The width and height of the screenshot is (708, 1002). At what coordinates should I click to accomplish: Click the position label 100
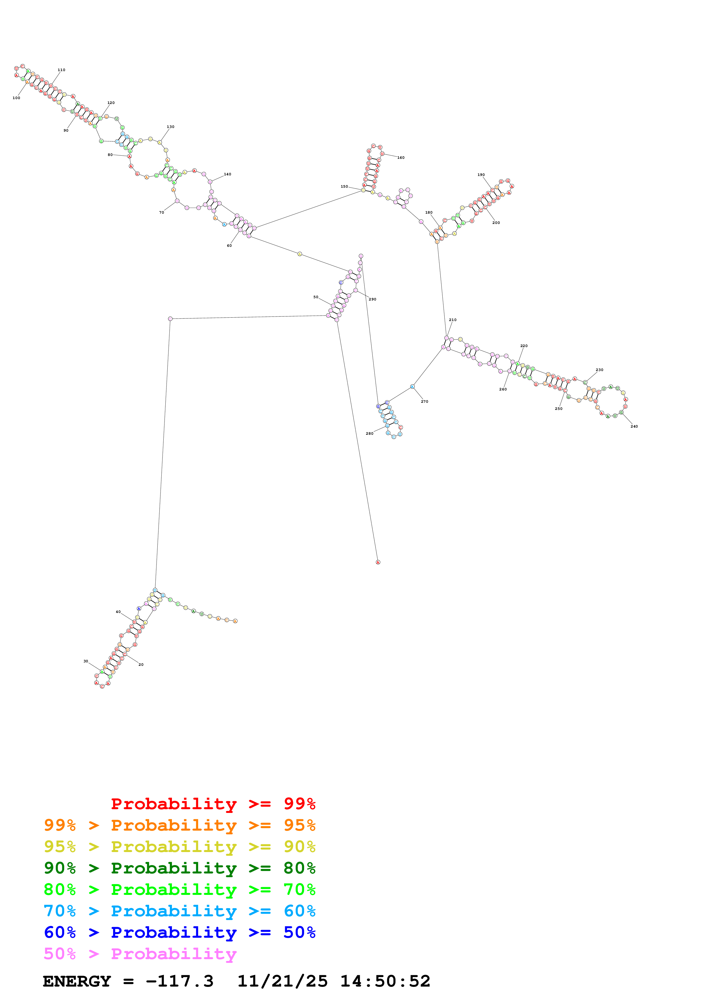point(16,98)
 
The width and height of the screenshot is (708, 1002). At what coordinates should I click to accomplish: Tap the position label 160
point(400,158)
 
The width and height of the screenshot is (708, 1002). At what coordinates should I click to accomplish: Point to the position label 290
point(372,299)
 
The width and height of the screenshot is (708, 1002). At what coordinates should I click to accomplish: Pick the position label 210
point(453,320)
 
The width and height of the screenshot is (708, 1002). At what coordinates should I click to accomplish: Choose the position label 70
point(161,213)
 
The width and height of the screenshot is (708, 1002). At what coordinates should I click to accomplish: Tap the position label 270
point(424,402)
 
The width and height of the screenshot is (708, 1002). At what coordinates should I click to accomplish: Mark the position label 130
point(170,127)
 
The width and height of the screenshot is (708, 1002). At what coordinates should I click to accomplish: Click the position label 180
point(429,213)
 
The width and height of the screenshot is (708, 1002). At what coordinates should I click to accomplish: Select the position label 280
point(370,433)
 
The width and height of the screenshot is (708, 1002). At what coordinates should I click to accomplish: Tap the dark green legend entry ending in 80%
point(180,868)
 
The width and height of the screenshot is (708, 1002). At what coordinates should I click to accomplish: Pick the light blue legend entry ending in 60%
point(180,911)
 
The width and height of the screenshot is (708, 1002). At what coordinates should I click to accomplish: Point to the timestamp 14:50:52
point(385,981)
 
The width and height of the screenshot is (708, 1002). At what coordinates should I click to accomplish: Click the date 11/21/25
point(282,981)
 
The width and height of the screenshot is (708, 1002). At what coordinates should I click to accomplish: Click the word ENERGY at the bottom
point(77,981)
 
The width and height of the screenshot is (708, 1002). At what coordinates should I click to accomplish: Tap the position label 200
point(496,223)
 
